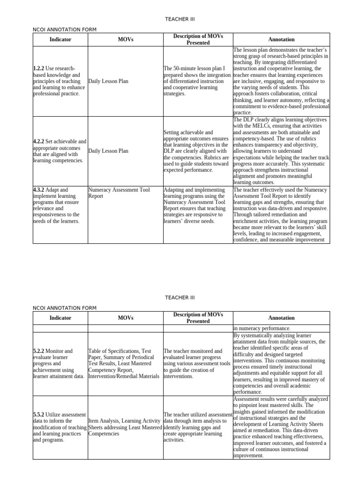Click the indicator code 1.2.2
click(39, 68)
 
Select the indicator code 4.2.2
click(39, 142)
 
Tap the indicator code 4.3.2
click(39, 190)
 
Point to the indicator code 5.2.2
click(39, 351)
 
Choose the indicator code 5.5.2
click(39, 415)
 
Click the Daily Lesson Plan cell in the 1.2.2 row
click(108, 81)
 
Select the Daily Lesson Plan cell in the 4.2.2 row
click(108, 151)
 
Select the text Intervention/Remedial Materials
click(125, 376)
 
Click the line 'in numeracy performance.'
click(262, 329)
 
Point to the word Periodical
click(140, 357)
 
